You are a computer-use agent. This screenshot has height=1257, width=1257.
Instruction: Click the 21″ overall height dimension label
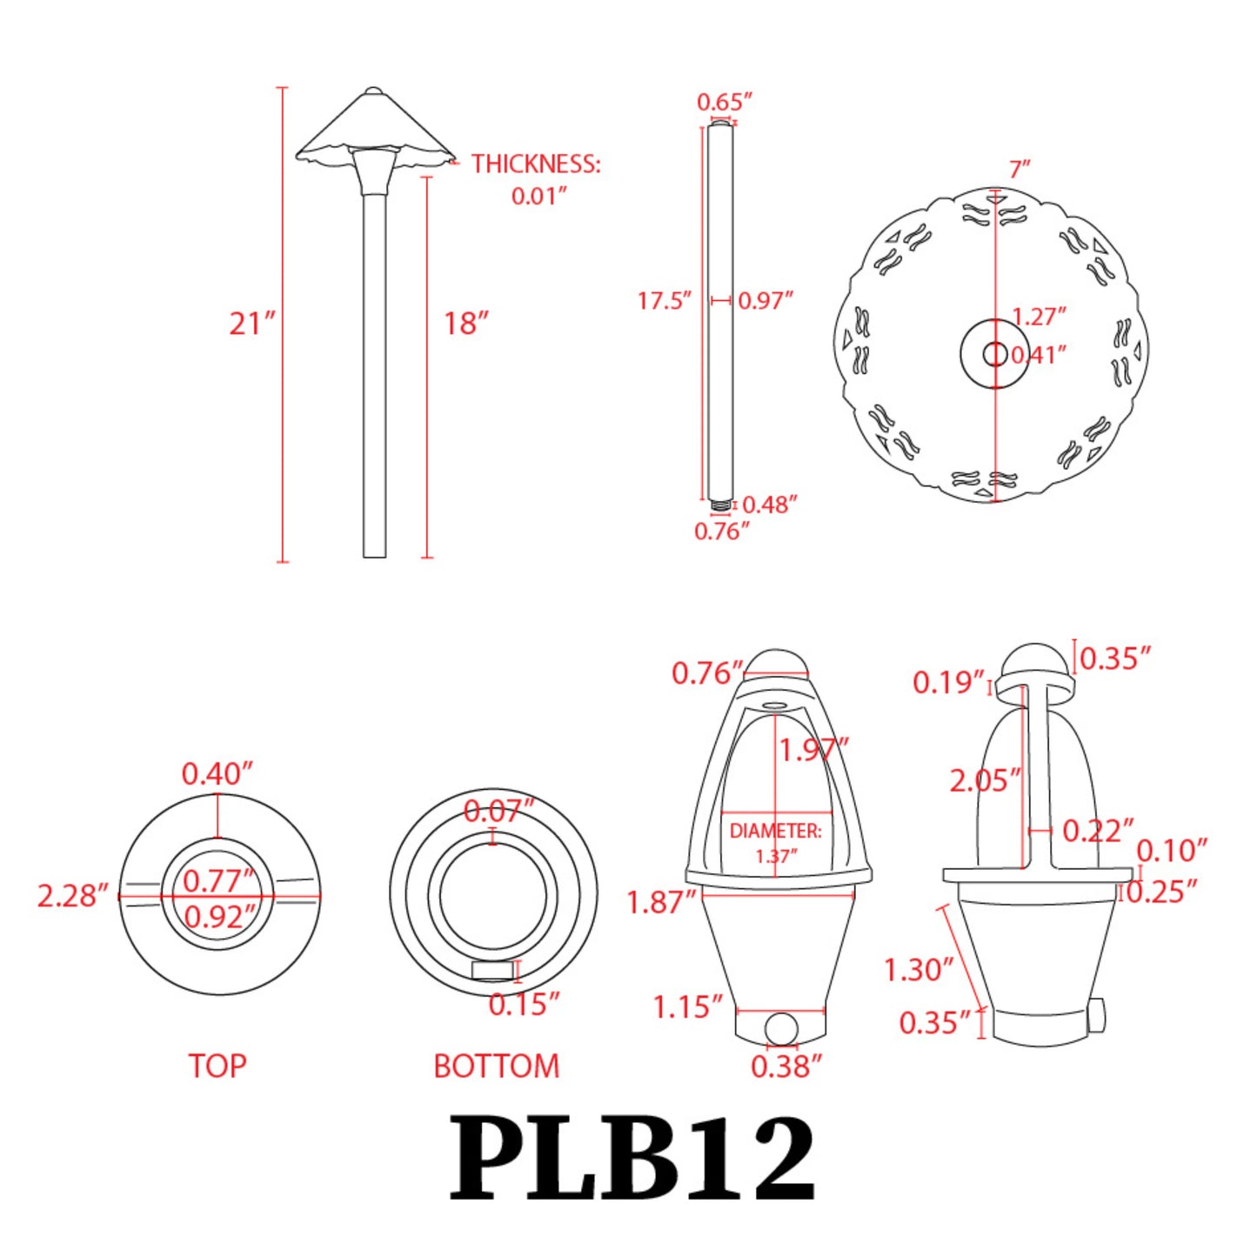pyautogui.click(x=251, y=324)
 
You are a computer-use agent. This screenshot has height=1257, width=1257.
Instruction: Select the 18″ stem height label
pyautogui.click(x=465, y=324)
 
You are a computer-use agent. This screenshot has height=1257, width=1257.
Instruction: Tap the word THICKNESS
pyautogui.click(x=536, y=164)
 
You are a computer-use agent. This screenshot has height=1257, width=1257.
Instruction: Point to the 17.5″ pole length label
pyautogui.click(x=664, y=301)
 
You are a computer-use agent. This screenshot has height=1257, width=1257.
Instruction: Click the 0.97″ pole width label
pyautogui.click(x=766, y=301)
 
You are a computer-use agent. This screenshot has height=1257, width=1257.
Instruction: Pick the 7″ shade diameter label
pyautogui.click(x=1020, y=169)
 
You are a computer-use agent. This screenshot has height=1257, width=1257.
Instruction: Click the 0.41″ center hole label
pyautogui.click(x=1039, y=355)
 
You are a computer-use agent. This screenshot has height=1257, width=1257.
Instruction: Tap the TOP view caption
pyautogui.click(x=217, y=1066)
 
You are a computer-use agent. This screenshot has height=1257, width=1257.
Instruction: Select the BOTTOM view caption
pyautogui.click(x=496, y=1066)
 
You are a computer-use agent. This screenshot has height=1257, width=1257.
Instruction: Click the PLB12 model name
pyautogui.click(x=632, y=1160)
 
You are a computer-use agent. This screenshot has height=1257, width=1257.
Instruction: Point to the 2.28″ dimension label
pyautogui.click(x=72, y=895)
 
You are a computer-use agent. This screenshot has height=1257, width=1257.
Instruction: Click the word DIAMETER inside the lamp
pyautogui.click(x=775, y=831)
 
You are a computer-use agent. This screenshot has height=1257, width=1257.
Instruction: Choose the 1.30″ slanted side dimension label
pyautogui.click(x=919, y=969)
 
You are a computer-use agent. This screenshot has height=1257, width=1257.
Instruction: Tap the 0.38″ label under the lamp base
pyautogui.click(x=786, y=1066)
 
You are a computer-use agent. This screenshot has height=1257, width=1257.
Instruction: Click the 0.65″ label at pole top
pyautogui.click(x=724, y=102)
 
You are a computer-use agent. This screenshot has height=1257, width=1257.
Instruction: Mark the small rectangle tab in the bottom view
pyautogui.click(x=492, y=971)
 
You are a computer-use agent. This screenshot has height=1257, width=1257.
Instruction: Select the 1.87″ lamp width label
pyautogui.click(x=661, y=902)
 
